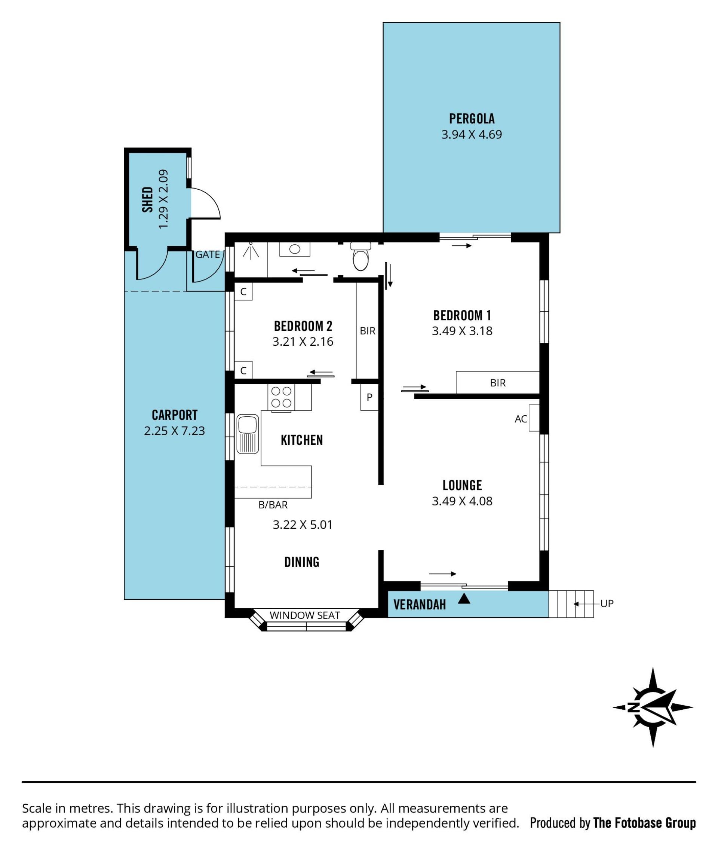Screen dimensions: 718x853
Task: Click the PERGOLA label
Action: coord(472,119)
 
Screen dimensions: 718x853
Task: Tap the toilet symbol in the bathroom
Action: coord(360,257)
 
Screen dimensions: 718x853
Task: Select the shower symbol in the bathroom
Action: coord(251,251)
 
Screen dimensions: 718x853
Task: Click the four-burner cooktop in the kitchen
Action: coord(281,397)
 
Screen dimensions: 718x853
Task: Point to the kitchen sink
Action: coord(248,434)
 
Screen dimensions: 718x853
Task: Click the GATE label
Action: coord(208,254)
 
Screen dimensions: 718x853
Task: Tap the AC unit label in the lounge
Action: coord(521,419)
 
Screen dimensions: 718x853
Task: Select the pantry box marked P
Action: coord(369,397)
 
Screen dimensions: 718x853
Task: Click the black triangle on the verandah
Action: coord(464,599)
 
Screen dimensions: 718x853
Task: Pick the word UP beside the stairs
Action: coord(607,603)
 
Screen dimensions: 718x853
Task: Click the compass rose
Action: coord(653,707)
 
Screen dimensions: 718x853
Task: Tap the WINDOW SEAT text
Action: coord(305,615)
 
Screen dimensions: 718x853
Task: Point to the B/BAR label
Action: coord(273,505)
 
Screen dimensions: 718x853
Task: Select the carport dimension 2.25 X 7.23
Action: coord(174,431)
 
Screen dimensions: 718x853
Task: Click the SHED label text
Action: coord(148,199)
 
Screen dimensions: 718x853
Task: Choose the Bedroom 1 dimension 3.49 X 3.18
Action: coord(462,331)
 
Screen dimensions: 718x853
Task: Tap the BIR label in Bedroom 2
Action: coord(368,331)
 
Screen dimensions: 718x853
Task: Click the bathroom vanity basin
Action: coord(295,249)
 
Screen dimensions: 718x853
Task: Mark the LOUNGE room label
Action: coord(462,485)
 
